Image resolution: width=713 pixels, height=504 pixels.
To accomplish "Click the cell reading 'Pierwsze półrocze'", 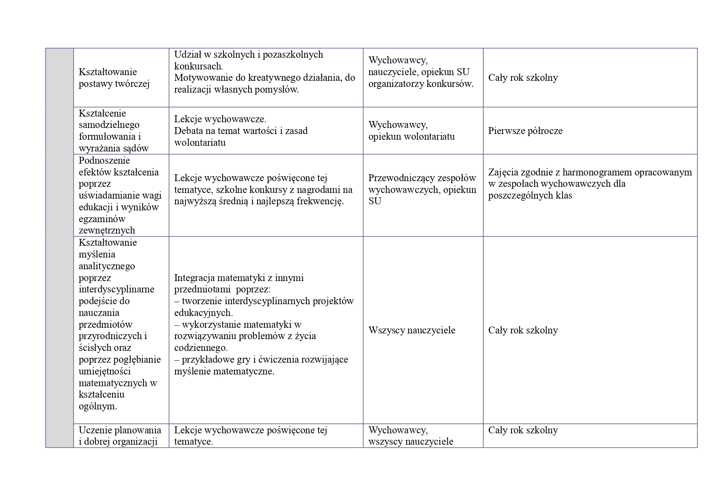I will [x=525, y=131].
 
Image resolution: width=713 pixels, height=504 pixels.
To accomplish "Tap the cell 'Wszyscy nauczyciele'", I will [x=412, y=330].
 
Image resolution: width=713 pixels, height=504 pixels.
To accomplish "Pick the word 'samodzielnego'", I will [x=109, y=125].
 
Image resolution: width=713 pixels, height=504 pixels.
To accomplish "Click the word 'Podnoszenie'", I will [x=104, y=160].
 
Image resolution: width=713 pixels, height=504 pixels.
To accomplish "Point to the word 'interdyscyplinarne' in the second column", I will [x=116, y=289].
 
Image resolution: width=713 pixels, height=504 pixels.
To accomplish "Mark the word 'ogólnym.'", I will [x=98, y=406].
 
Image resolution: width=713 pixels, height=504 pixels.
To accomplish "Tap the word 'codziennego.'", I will [x=201, y=348].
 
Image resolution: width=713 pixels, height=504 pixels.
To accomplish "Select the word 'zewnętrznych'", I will [x=106, y=230].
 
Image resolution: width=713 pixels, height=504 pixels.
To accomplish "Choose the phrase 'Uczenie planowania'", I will [x=120, y=430].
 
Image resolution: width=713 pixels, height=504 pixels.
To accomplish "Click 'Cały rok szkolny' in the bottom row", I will [x=523, y=430].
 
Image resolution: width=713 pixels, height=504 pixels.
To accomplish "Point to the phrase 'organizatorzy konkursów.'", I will [x=421, y=84].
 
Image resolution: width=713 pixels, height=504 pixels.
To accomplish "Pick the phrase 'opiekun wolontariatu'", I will [x=412, y=136].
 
